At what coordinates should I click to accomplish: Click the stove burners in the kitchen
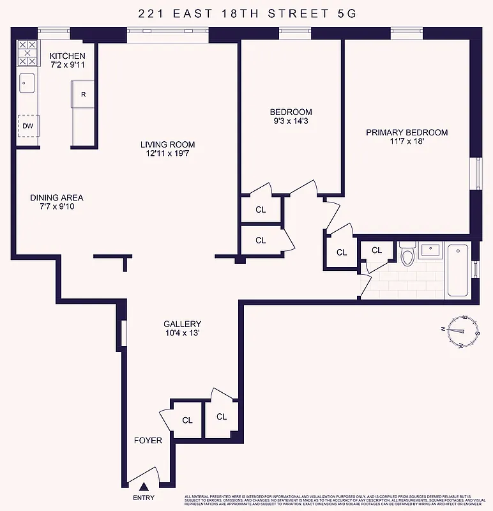click(27, 53)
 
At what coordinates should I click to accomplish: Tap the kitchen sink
click(27, 82)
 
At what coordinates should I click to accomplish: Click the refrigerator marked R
click(83, 95)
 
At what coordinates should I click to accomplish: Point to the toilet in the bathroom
click(407, 256)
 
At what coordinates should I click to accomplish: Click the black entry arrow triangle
click(144, 489)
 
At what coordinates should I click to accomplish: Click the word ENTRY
click(144, 499)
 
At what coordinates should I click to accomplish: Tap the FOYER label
click(148, 441)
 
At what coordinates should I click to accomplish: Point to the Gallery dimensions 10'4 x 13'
click(182, 334)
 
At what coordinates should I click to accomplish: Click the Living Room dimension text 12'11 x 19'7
click(168, 155)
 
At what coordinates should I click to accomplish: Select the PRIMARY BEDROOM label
click(406, 133)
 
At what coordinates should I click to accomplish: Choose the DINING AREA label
click(57, 197)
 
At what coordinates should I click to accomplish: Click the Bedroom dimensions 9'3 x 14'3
click(291, 121)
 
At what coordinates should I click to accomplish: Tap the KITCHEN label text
click(67, 56)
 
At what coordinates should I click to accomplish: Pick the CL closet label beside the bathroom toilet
click(377, 250)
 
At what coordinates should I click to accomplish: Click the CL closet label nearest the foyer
click(187, 420)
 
